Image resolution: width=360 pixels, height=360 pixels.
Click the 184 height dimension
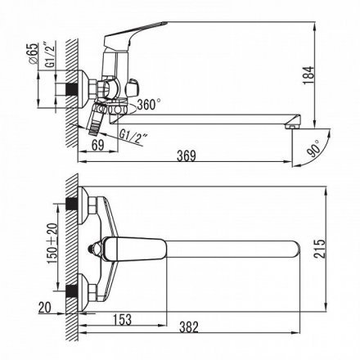(x=309, y=75)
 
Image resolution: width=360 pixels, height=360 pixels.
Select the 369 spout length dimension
(x=187, y=156)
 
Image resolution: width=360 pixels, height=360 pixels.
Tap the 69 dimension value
(x=98, y=145)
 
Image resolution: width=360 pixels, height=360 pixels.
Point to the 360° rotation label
(x=149, y=105)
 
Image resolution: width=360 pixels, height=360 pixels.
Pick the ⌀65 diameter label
(x=33, y=53)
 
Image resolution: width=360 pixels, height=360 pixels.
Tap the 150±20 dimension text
(x=52, y=244)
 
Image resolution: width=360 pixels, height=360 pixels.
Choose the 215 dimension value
(x=319, y=249)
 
